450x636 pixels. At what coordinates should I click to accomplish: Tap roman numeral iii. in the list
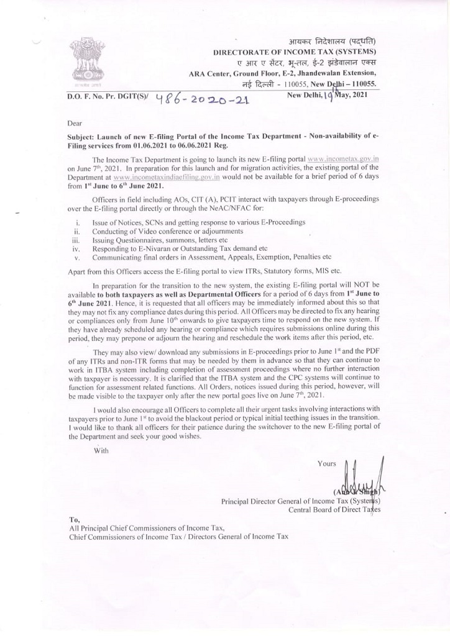pos(76,239)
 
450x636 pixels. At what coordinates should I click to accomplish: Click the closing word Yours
pos(326,463)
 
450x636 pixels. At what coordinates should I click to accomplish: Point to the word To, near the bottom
pos(75,519)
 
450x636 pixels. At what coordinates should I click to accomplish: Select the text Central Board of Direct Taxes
pos(334,509)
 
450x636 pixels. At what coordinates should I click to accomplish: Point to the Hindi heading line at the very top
pos(328,41)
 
